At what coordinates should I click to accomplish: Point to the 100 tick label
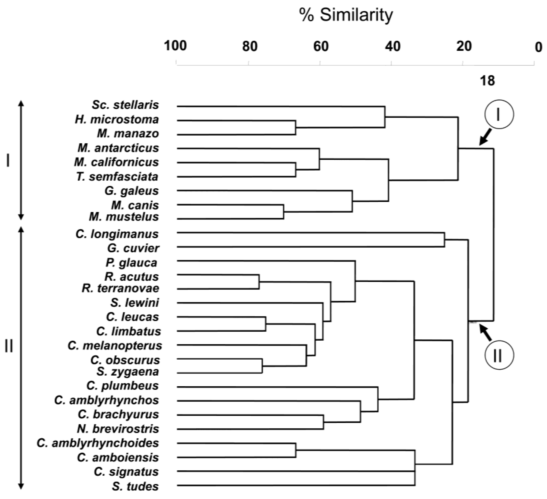[175, 46]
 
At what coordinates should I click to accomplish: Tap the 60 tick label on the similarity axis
[321, 46]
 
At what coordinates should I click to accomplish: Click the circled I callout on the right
[499, 114]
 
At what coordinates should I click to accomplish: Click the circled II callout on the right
[499, 355]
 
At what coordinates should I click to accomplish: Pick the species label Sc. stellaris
[125, 105]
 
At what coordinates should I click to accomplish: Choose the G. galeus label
[132, 191]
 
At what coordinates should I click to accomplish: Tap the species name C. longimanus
[117, 234]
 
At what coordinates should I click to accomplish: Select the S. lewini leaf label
[135, 303]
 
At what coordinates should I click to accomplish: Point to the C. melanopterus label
[115, 346]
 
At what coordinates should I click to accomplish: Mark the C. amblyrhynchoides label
[98, 443]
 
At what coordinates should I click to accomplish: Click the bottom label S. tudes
[135, 486]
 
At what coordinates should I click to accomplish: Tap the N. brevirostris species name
[118, 429]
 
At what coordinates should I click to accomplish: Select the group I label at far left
[8, 161]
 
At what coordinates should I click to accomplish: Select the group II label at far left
[9, 347]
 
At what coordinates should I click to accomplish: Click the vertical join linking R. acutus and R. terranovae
[259, 282]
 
